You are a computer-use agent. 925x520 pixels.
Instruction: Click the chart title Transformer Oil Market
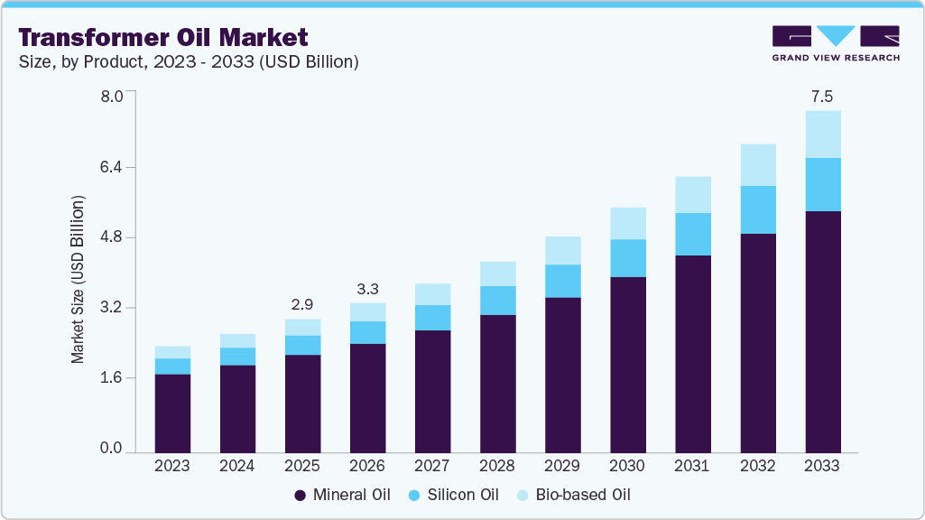tap(163, 37)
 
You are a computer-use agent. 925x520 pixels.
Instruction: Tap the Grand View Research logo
tap(836, 43)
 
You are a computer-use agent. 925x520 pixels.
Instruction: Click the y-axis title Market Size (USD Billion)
tap(79, 279)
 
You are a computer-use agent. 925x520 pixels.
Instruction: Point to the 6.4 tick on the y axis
tap(110, 168)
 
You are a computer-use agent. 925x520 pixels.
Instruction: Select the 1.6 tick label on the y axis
tap(110, 378)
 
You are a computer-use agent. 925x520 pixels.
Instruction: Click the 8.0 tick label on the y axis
tap(110, 97)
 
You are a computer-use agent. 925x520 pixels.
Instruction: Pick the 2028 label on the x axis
tap(497, 467)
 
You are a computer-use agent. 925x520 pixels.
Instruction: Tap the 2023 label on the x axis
tap(172, 467)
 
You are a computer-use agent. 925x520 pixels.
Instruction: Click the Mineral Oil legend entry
tap(342, 495)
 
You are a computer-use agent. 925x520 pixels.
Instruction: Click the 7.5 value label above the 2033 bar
tap(822, 95)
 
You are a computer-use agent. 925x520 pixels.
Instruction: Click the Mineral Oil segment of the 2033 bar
tap(823, 331)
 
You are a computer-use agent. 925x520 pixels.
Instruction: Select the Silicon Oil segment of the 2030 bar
tap(627, 258)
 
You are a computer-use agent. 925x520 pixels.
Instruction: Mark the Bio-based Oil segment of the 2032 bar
tap(758, 165)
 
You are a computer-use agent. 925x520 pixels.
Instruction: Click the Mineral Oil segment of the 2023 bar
tap(172, 413)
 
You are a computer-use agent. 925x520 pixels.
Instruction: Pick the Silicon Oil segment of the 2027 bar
tap(432, 318)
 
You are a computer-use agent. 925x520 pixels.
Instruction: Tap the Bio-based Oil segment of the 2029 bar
tap(562, 251)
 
